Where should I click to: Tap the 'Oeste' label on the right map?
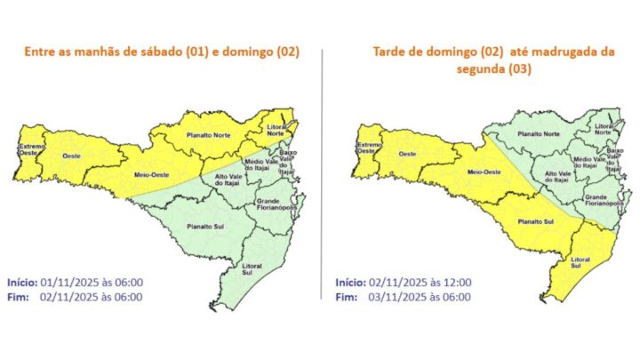[x=407, y=154]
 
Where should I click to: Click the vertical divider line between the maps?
[x=322, y=178]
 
